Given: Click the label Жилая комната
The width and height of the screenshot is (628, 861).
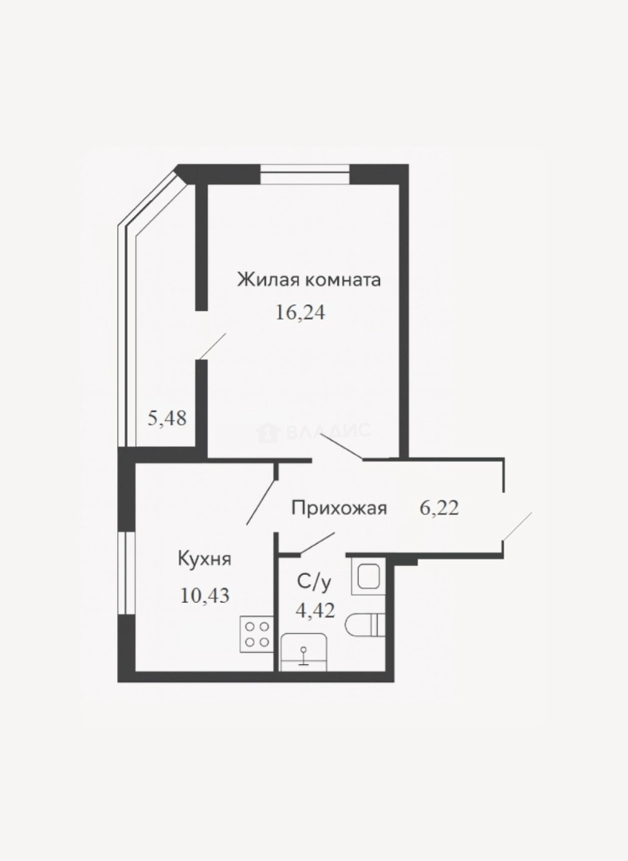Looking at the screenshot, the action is coord(309,280).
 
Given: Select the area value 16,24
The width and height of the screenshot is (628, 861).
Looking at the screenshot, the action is coord(300,313).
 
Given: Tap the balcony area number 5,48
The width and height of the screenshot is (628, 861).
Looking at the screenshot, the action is coord(167,419).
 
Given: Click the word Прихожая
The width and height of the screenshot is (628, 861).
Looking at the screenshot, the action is coord(340,509).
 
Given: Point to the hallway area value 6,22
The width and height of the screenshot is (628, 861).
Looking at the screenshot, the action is coord(439,509).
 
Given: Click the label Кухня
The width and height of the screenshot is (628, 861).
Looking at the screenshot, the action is coord(204,560).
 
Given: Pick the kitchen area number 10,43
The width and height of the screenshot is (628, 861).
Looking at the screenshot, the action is coord(205,596).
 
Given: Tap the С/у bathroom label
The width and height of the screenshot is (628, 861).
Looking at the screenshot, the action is coord(314,582).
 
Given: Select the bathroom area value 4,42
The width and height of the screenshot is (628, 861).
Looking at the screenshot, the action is coord(315,610).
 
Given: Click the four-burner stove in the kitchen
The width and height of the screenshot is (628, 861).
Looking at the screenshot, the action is coord(257,635).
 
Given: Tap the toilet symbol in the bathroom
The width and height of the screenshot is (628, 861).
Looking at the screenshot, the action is coord(366,624).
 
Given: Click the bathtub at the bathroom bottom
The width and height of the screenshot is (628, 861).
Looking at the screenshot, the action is coord(304,652).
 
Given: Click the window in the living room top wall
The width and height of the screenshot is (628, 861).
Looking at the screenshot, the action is coord(304,174).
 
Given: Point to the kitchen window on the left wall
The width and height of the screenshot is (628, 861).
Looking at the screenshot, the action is coord(126,572).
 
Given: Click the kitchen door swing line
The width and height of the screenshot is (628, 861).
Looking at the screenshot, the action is coord(262,495).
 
